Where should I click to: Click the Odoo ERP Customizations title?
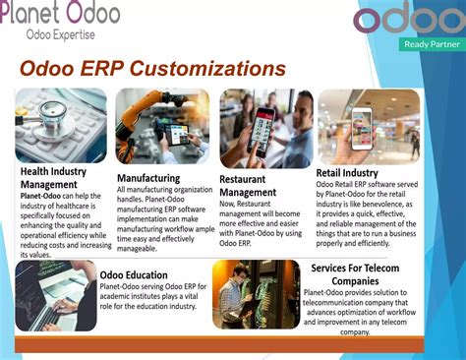(152, 69)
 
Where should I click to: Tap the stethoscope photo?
(61, 125)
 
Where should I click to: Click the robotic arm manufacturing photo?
(162, 125)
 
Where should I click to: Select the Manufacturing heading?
(148, 178)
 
